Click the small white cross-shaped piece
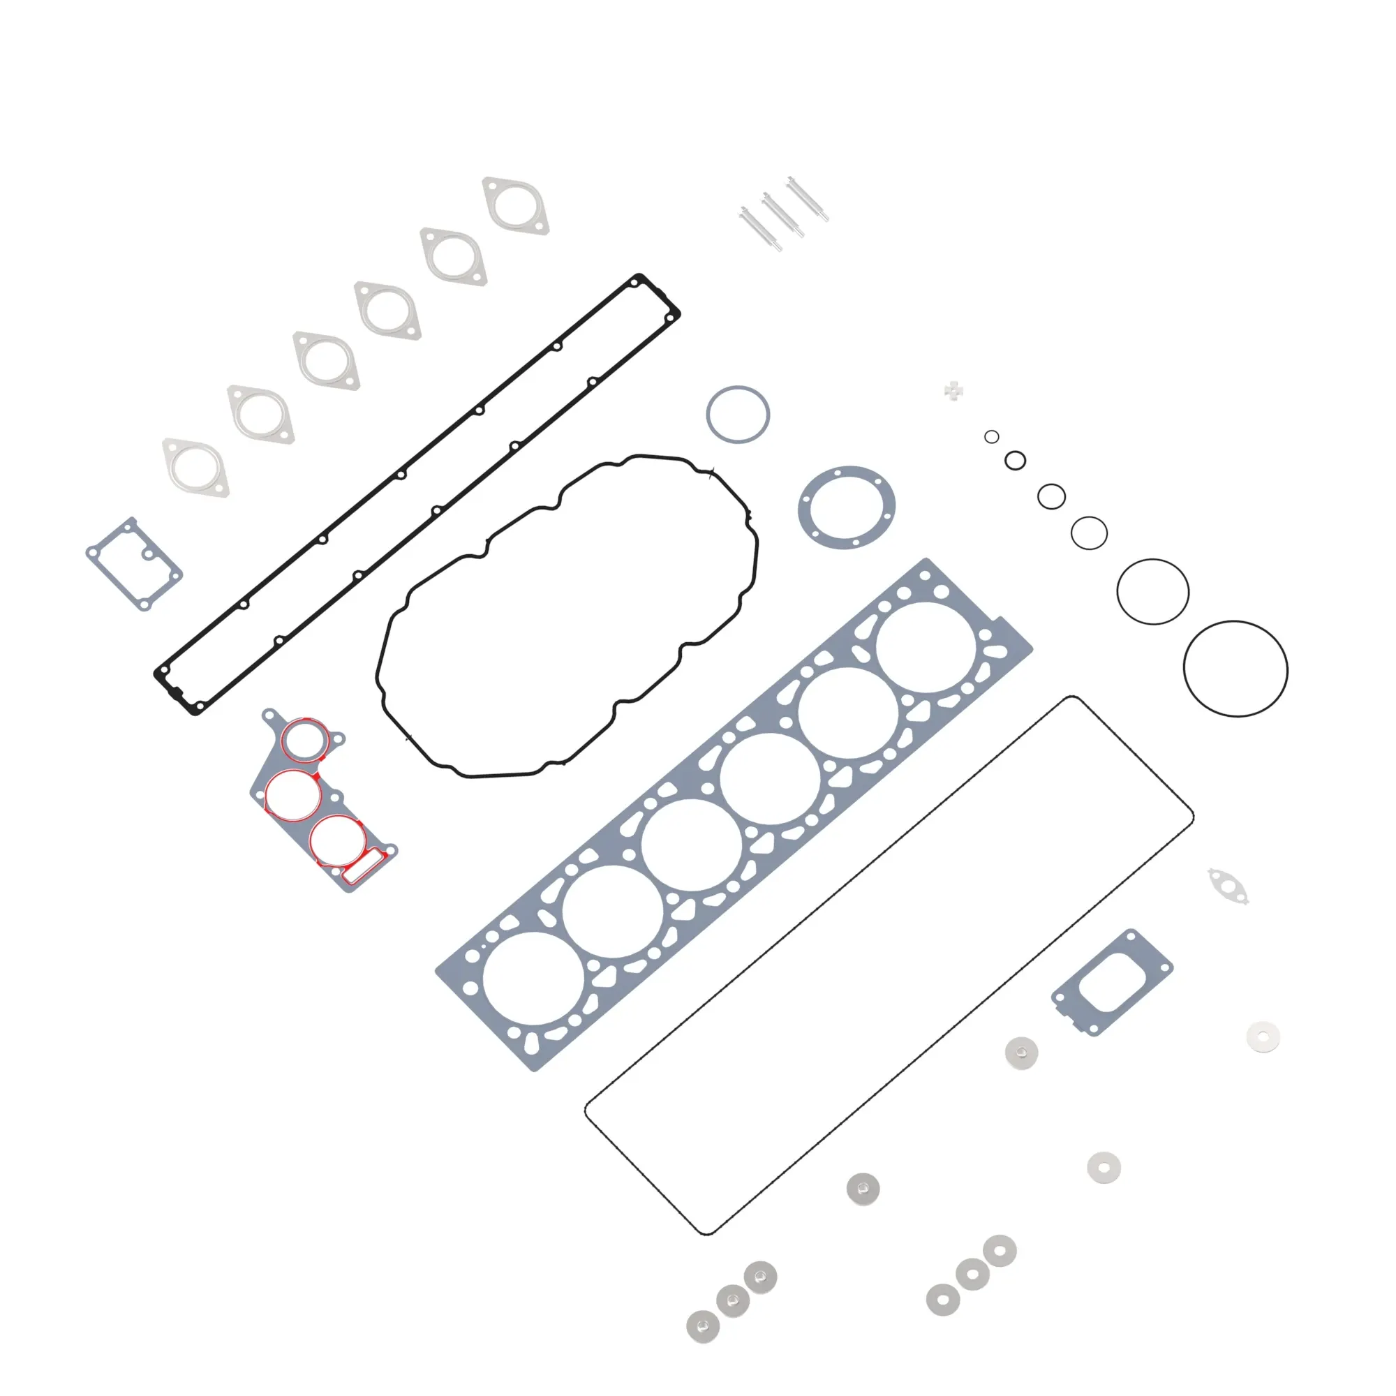click(953, 392)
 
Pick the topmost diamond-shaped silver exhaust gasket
click(516, 206)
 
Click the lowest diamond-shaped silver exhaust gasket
click(196, 468)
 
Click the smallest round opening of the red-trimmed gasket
click(304, 740)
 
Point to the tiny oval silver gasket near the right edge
click(1228, 886)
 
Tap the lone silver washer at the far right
click(1263, 1037)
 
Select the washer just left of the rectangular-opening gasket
click(1022, 1053)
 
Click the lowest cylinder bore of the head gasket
click(533, 979)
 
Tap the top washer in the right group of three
click(1000, 1251)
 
